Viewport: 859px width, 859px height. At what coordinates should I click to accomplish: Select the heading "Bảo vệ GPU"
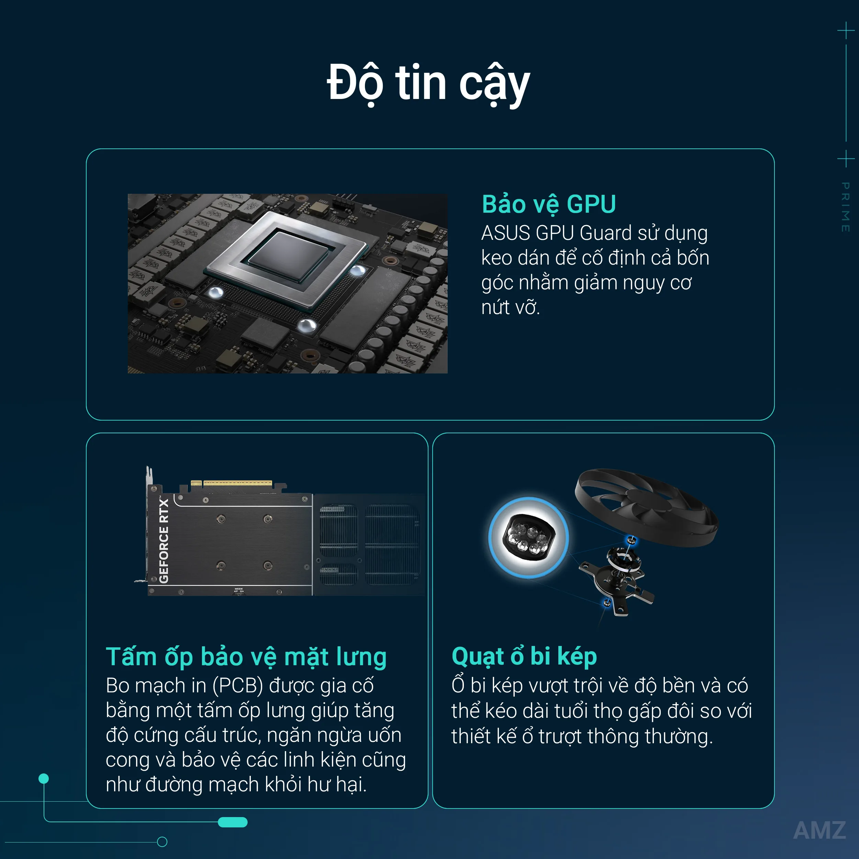click(549, 204)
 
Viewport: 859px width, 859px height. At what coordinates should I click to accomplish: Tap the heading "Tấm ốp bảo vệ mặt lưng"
click(246, 657)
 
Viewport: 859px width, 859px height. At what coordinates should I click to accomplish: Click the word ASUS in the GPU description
click(506, 233)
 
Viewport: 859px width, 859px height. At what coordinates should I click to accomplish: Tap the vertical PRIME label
click(845, 207)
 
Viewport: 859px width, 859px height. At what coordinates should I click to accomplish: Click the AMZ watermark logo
click(819, 830)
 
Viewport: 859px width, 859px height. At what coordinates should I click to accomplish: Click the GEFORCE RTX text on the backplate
click(164, 540)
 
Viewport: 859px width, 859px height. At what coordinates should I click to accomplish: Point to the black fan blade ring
click(646, 507)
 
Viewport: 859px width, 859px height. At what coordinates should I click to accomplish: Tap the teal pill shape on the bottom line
click(233, 822)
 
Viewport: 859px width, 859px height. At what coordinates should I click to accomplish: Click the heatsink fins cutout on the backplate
click(369, 544)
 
